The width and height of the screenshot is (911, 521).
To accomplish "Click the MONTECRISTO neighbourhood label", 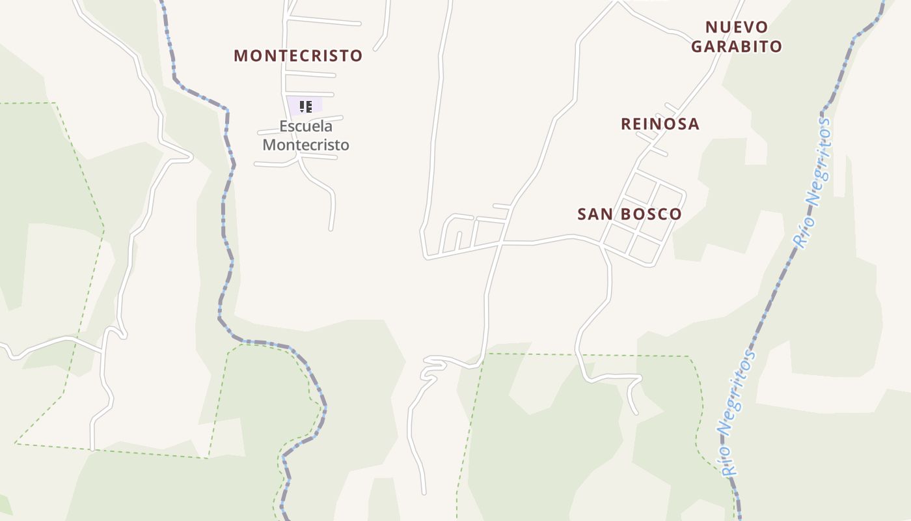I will [298, 55].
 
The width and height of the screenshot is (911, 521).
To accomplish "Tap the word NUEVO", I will [737, 27].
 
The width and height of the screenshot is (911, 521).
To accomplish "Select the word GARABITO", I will [737, 46].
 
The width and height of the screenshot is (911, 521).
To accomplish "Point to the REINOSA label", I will [660, 124].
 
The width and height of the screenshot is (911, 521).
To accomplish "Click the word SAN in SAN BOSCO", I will [592, 214].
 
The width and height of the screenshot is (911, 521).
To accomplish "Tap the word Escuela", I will [306, 126].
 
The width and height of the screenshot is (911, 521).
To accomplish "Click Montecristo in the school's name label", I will [306, 145].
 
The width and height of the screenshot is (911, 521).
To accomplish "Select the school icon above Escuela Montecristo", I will [306, 106].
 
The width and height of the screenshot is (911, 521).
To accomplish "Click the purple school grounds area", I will [316, 104].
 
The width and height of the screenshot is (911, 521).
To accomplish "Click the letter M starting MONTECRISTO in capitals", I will [240, 55].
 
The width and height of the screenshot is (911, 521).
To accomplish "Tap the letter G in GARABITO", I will [697, 46].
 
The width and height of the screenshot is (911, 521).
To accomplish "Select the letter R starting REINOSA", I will [627, 124].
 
